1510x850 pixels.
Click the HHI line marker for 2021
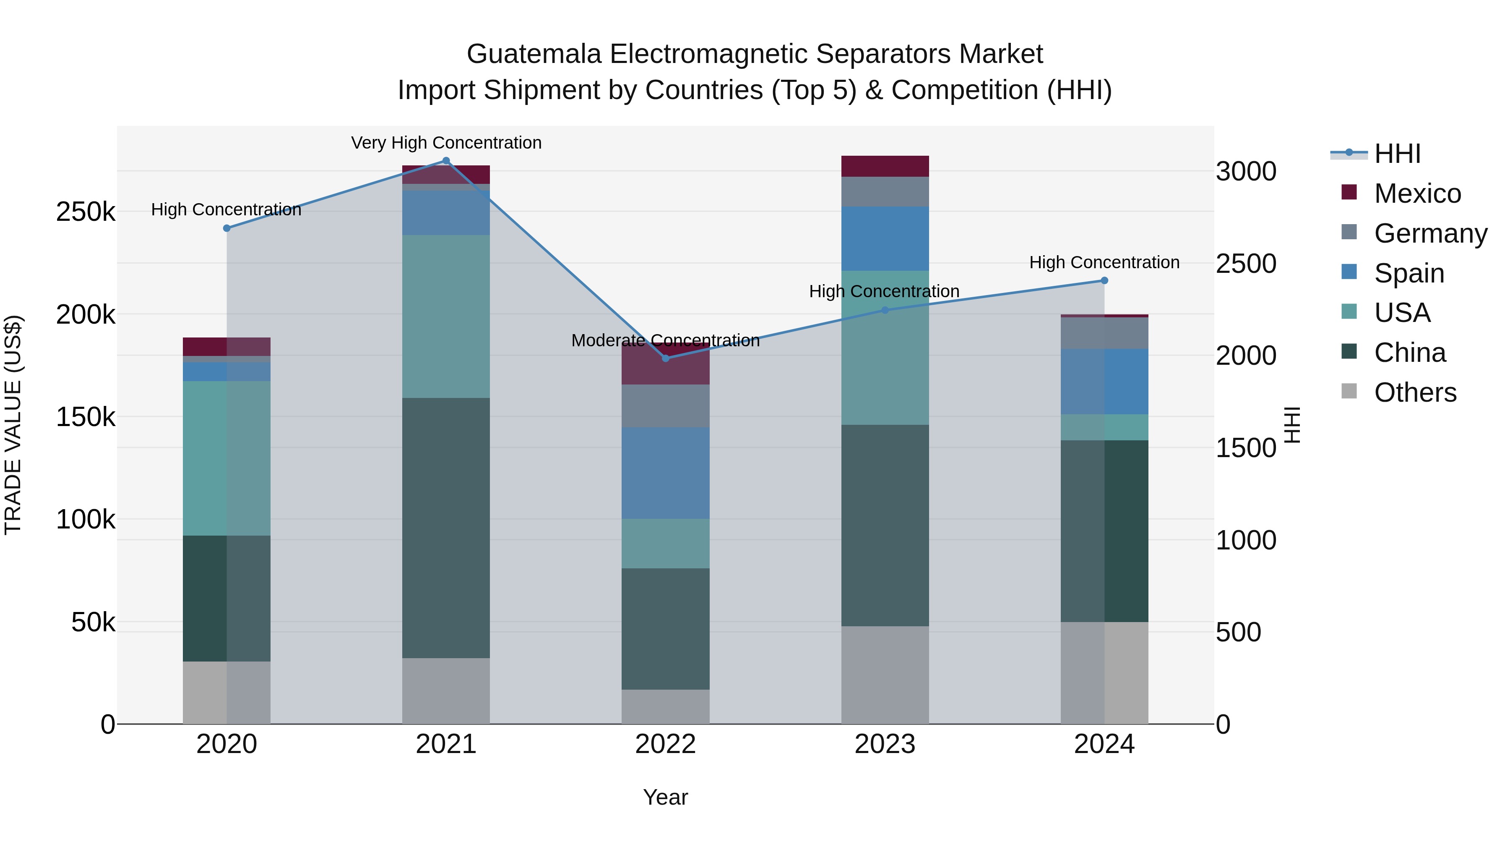point(446,161)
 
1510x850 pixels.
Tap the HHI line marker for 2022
point(665,358)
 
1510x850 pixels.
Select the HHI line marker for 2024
point(1104,280)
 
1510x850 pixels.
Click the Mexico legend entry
point(1417,194)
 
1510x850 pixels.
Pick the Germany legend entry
point(1430,233)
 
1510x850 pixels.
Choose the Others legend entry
point(1415,392)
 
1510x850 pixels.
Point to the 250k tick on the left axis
point(86,212)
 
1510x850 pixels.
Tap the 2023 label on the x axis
point(885,744)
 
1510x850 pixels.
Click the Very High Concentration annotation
point(446,143)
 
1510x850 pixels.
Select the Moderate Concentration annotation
point(665,340)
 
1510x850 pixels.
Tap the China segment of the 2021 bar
point(446,528)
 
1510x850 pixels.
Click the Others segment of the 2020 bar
point(227,692)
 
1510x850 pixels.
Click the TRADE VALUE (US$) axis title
point(13,425)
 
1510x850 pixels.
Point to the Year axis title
point(665,797)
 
